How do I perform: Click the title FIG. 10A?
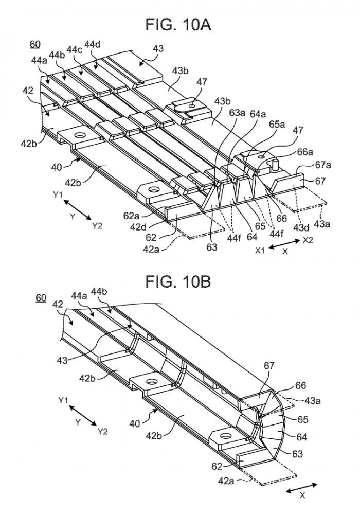coord(178,25)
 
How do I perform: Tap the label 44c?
coord(74,49)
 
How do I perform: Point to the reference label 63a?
coord(238,114)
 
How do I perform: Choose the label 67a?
coord(323,165)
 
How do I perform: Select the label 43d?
coord(301,227)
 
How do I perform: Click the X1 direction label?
coord(260,251)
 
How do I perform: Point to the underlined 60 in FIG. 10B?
coord(41,298)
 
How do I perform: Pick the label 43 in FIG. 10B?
coord(61,360)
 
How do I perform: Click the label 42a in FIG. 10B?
coord(226,480)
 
